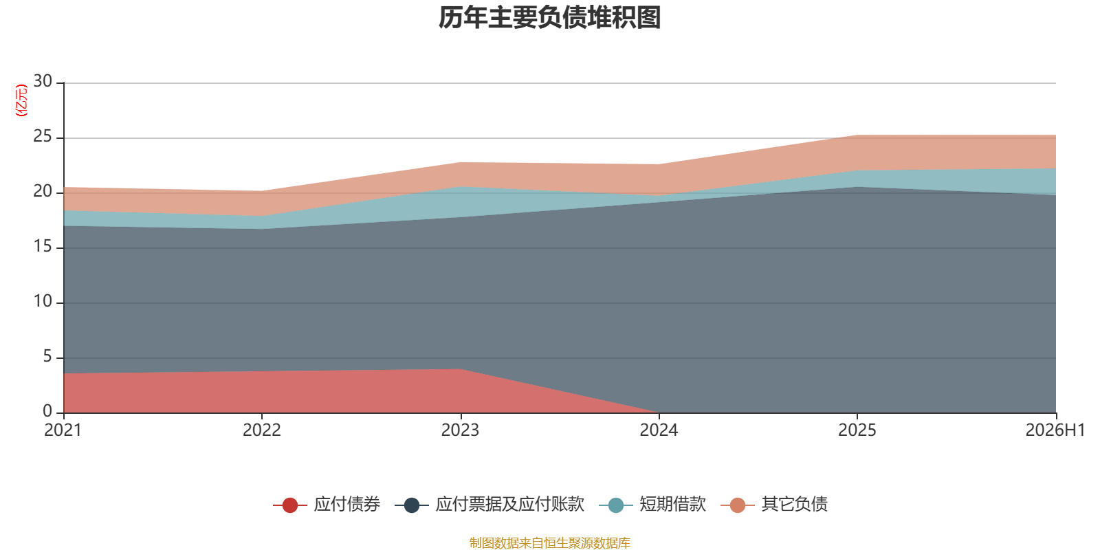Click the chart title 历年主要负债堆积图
[549, 18]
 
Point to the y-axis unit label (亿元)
[21, 100]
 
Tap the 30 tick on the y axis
[43, 81]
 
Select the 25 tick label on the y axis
[43, 136]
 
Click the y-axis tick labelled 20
[43, 191]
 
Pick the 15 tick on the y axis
[43, 246]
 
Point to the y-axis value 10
[43, 301]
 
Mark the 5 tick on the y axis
[47, 356]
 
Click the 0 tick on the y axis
[47, 410]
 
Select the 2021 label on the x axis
[63, 430]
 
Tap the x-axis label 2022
[262, 430]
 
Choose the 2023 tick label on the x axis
[460, 430]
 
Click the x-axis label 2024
[659, 430]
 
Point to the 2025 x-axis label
[857, 430]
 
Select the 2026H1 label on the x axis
[1055, 430]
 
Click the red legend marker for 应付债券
[290, 505]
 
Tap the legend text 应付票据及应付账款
[509, 505]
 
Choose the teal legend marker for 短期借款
[616, 505]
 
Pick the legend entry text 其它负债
[795, 505]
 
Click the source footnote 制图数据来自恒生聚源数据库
[549, 542]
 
